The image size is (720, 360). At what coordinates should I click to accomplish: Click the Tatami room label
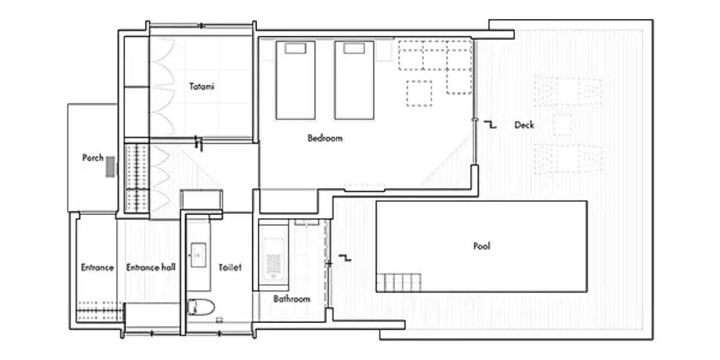pos(202,86)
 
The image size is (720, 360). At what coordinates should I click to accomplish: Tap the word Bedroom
pos(325,138)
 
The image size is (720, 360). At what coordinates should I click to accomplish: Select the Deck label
pos(524,125)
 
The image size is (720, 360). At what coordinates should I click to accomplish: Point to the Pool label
pos(481,246)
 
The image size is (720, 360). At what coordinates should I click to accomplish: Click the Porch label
pos(93,158)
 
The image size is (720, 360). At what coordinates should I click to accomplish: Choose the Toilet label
pos(230,267)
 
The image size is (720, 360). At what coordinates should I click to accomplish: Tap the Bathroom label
pos(291,299)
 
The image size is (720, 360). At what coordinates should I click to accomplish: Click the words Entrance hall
pos(150,267)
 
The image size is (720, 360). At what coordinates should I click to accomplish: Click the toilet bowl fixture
pos(201,307)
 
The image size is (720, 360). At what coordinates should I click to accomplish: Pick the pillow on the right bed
pos(354,48)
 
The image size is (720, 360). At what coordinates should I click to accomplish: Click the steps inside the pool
pos(399,282)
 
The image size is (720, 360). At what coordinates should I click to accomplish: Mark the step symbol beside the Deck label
pos(490,125)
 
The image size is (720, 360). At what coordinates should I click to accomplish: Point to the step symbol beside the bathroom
pos(345,258)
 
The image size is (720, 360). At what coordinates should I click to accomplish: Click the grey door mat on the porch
pos(110,167)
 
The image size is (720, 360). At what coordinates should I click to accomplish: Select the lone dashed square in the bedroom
pos(419,93)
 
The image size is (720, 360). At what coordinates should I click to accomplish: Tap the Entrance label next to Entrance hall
pos(97,267)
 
